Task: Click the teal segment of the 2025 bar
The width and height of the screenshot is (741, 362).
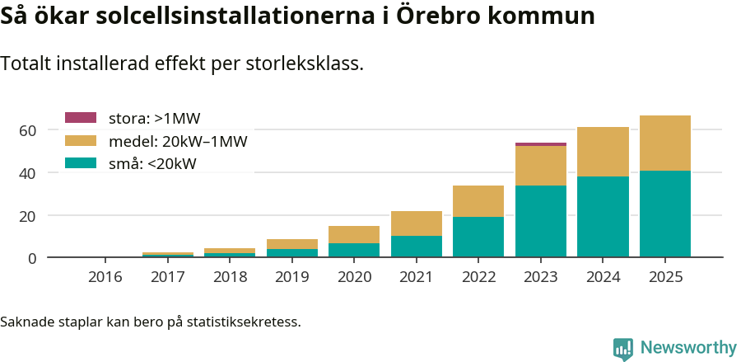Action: click(664, 214)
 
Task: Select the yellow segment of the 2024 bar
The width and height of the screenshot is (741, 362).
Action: click(603, 152)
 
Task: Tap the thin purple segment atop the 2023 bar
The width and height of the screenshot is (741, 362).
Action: click(541, 144)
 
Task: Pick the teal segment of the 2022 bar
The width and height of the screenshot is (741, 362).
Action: click(478, 237)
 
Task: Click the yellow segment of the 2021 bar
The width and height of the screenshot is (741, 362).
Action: click(416, 223)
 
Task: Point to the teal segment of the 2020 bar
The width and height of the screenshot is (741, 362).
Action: click(354, 250)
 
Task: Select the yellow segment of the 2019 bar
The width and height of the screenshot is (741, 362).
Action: click(291, 244)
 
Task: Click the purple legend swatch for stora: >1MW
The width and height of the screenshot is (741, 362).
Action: click(81, 118)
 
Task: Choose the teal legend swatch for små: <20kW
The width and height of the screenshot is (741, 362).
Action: click(81, 163)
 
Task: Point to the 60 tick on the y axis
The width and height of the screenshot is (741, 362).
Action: click(27, 130)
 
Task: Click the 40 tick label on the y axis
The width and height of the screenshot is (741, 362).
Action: click(27, 173)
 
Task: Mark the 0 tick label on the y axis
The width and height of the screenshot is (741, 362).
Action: click(32, 258)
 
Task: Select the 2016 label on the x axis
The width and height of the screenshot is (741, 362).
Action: click(105, 277)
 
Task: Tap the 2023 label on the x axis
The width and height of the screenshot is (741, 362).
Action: click(541, 277)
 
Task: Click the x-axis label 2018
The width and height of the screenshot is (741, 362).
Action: click(230, 277)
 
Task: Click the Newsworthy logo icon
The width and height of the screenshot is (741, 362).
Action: click(623, 348)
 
